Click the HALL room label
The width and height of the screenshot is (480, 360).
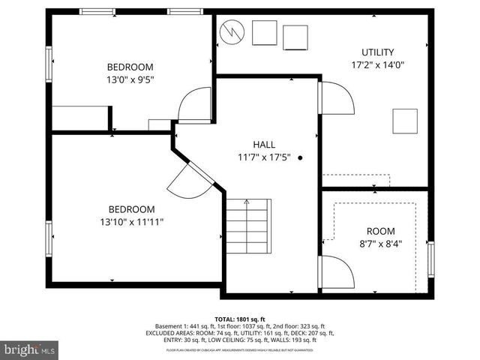click(263, 145)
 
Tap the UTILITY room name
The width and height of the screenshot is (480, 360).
click(377, 52)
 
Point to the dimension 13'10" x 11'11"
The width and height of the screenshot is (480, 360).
click(131, 222)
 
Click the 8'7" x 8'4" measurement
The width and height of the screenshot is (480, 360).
click(379, 244)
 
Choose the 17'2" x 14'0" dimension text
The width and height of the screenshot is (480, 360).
click(377, 65)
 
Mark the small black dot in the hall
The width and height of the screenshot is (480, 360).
click(301, 158)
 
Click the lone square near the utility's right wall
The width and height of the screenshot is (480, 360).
click(405, 121)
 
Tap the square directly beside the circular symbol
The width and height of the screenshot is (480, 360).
click(264, 33)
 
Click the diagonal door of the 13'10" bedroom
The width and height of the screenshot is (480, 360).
click(186, 180)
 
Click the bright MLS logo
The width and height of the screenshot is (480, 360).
click(30, 350)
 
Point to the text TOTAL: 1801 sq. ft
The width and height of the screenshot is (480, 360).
click(239, 319)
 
